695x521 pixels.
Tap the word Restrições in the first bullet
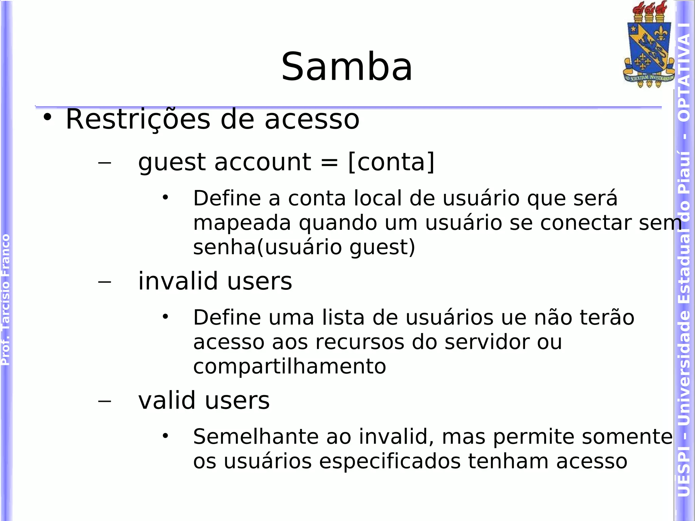pos(138,119)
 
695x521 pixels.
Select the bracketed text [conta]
pos(391,162)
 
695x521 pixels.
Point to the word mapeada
pos(242,223)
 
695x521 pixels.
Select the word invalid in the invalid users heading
pos(178,281)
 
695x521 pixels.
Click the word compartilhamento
pos(289,367)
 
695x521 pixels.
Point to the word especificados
pos(390,462)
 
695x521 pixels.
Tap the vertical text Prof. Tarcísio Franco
pos(5,300)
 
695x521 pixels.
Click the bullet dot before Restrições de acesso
pos(48,117)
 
